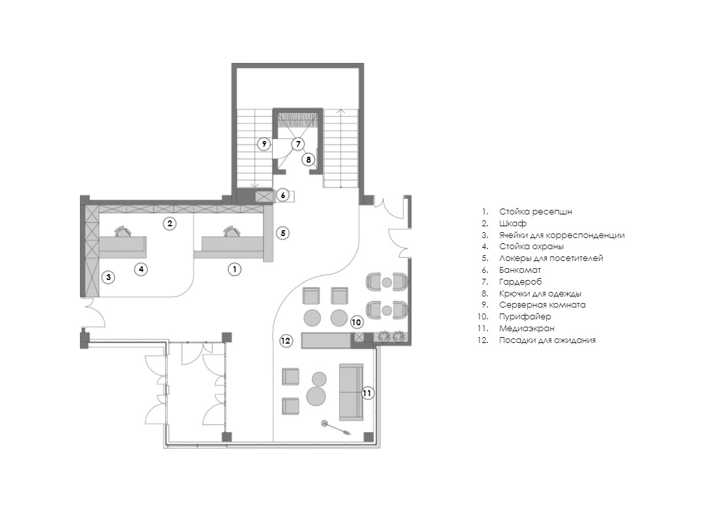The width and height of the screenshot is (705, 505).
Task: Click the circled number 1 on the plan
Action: point(234,270)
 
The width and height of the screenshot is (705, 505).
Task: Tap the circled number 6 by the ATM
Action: point(283,195)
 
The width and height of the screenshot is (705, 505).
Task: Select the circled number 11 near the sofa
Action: point(367,393)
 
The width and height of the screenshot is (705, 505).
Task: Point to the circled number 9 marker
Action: point(264,144)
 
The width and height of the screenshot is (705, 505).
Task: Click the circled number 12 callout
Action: point(286,341)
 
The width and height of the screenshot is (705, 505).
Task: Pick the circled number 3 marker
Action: point(108,277)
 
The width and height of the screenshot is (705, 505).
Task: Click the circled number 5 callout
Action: point(283,233)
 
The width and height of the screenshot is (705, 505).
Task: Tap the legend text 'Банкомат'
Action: point(520,270)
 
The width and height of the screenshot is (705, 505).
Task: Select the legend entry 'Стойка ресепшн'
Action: point(536,212)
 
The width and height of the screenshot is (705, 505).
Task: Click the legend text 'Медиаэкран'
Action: point(527,329)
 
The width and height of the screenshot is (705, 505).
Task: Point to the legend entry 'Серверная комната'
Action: point(542,305)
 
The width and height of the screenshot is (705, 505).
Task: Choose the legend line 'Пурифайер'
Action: point(525,317)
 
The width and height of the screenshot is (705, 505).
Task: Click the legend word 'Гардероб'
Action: point(520,282)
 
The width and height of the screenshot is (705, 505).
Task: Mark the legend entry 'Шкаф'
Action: point(513,224)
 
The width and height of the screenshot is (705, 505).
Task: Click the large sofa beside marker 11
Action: point(351,392)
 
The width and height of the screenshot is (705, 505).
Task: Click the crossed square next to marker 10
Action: point(358,337)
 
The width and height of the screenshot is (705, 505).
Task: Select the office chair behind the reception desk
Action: point(232,231)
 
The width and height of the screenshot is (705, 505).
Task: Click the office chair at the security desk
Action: point(123,231)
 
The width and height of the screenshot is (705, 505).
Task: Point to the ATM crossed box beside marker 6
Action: point(264,196)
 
